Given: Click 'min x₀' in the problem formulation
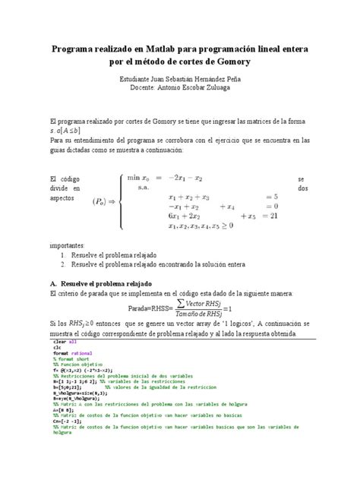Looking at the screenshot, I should point(141,175).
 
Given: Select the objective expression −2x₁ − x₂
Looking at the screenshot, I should point(185,175).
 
